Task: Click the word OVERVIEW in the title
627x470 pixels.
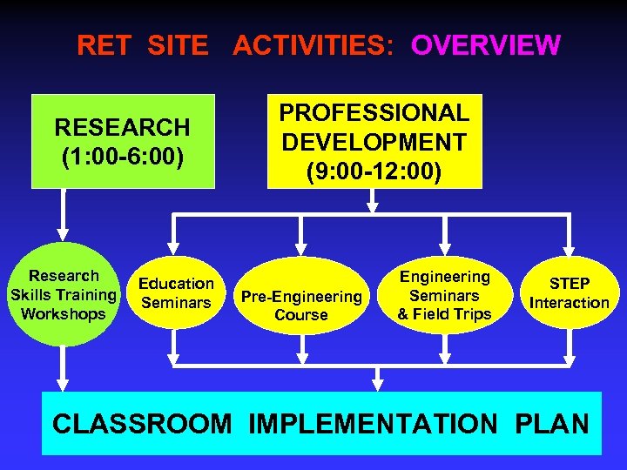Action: [x=486, y=45]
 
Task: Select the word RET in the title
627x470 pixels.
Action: [x=99, y=45]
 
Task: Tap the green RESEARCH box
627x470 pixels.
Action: [x=122, y=141]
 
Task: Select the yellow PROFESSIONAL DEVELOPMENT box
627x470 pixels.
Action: [x=374, y=142]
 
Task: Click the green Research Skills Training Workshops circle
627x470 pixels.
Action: [x=64, y=295]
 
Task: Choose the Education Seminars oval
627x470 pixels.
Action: [x=176, y=293]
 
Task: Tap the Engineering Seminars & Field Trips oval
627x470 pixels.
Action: [x=444, y=295]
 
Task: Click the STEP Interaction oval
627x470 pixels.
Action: [x=570, y=293]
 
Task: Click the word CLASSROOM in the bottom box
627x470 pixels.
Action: [x=142, y=424]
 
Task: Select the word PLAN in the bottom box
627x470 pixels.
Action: [x=552, y=424]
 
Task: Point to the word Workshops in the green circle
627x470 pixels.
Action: [x=64, y=314]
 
